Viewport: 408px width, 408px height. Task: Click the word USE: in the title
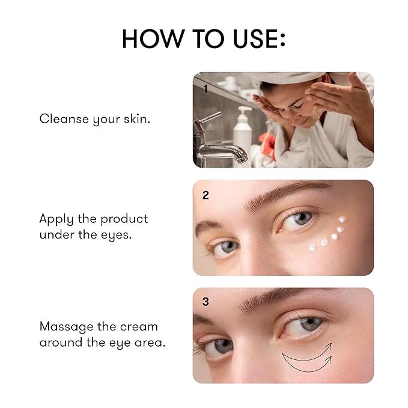coord(253,38)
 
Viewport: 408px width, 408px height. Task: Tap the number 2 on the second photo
coord(206,195)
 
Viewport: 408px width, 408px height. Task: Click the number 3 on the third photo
coord(206,302)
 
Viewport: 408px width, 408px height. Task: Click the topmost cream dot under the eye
coord(343,220)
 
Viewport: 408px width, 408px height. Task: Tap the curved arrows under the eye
coord(307,358)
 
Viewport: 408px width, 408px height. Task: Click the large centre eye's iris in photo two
coord(302,218)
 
